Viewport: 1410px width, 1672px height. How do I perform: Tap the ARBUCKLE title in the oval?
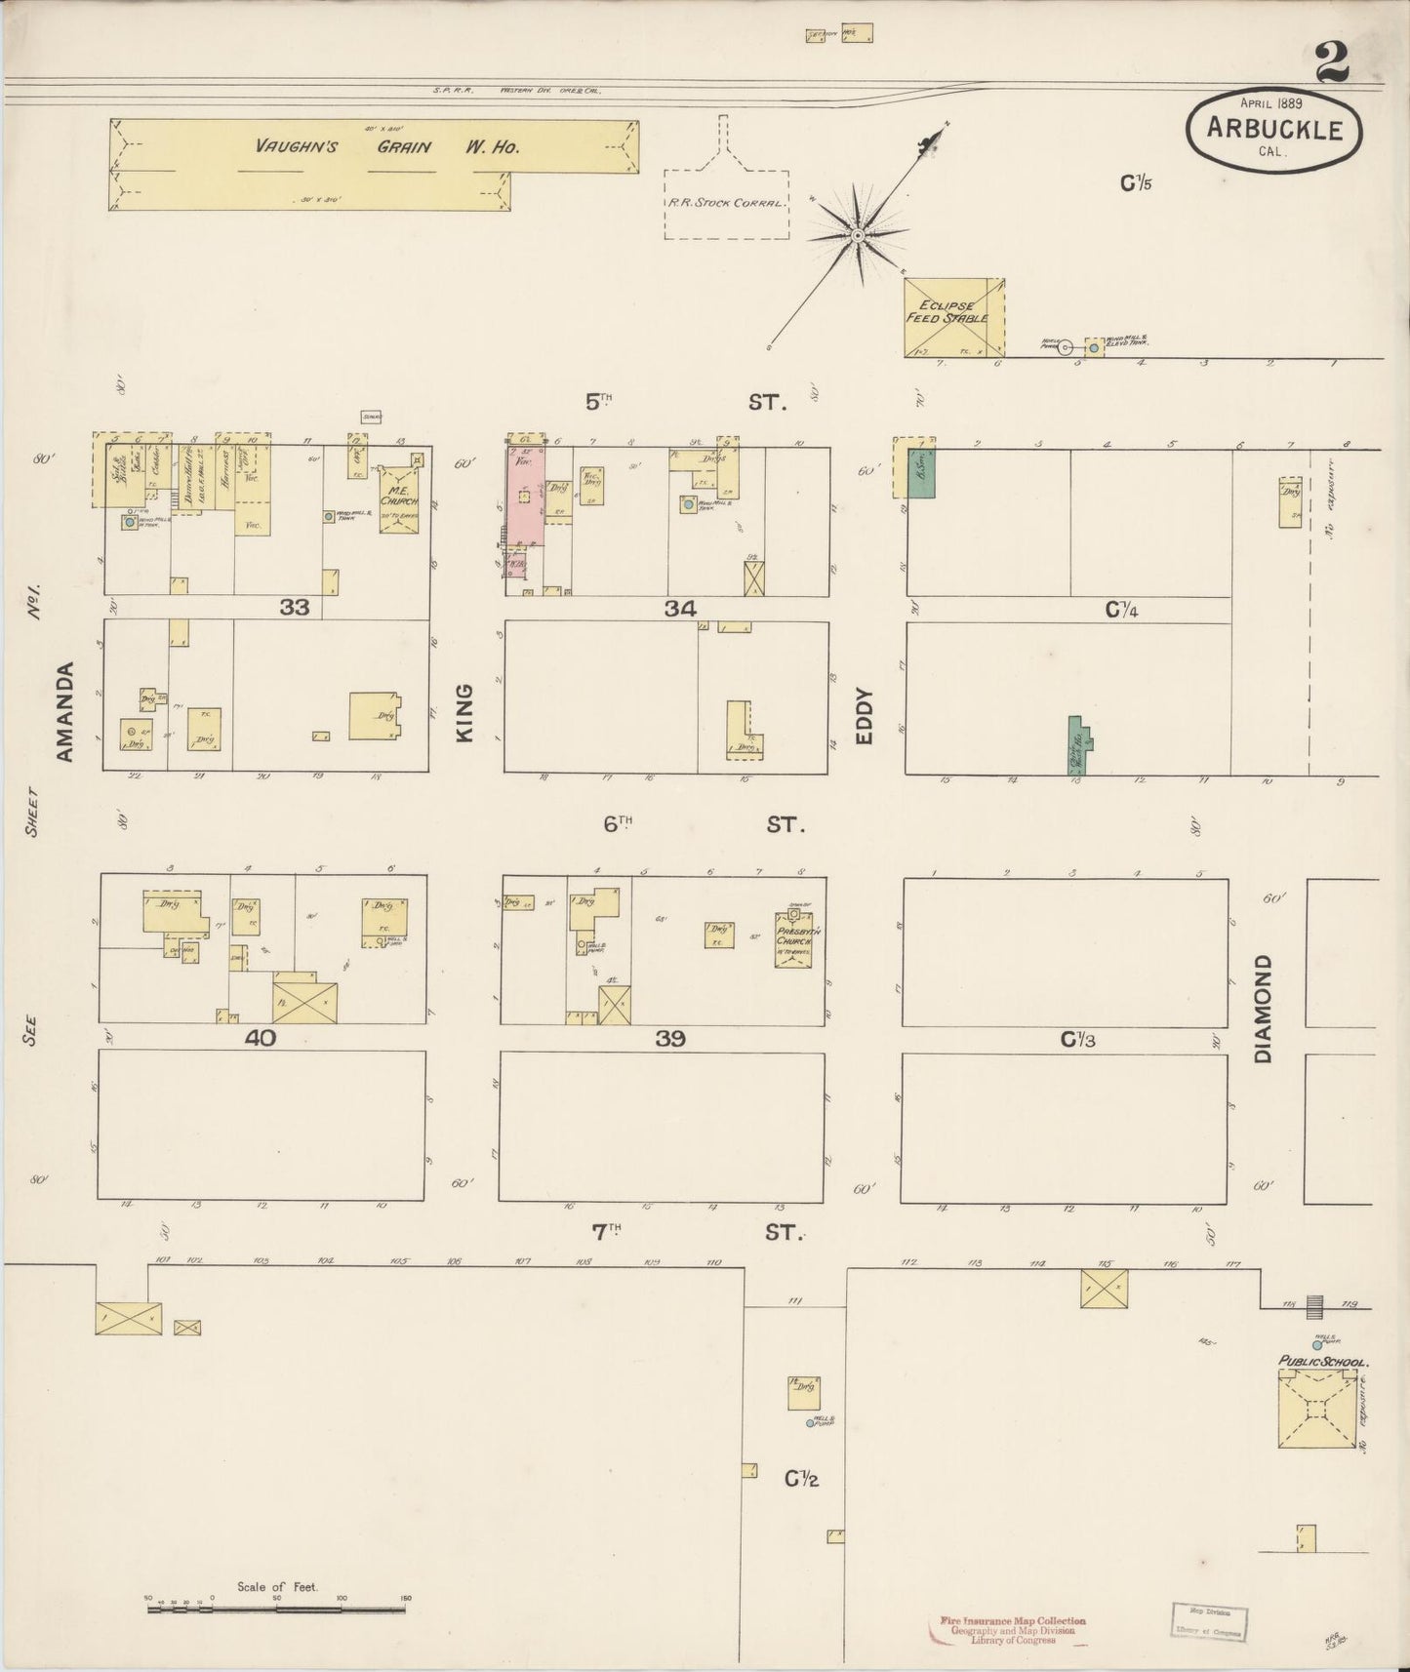(1274, 129)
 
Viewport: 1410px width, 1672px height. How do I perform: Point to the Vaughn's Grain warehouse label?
(386, 147)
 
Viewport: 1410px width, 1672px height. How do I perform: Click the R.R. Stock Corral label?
(726, 203)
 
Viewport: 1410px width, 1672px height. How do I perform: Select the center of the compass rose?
(858, 235)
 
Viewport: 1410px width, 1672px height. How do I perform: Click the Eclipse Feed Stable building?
(954, 317)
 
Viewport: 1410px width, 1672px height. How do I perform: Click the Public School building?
(1317, 1408)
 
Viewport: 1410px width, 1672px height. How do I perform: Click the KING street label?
(464, 712)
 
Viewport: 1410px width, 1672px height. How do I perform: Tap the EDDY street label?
(864, 717)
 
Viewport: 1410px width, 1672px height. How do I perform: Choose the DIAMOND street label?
(1264, 1009)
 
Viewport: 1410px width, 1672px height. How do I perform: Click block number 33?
(294, 608)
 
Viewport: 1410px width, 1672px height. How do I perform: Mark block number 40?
(260, 1038)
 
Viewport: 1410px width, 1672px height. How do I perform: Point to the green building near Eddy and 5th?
(921, 474)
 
